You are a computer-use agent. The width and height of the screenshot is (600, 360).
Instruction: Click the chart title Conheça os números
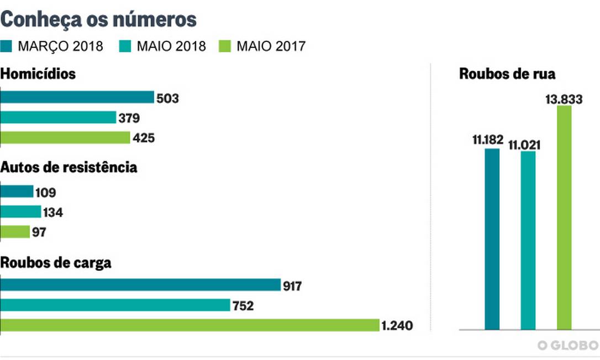coord(99,19)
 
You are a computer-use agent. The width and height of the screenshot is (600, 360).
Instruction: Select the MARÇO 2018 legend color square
coord(7,46)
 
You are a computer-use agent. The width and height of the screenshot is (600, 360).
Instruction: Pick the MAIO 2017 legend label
coord(271,46)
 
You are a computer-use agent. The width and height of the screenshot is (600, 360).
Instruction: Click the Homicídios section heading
coord(38,75)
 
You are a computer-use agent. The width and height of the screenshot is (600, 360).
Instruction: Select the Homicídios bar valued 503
coord(77,98)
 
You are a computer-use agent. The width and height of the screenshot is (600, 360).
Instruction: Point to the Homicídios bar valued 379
coord(58,118)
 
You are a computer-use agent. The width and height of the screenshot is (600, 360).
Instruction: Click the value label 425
coord(144,138)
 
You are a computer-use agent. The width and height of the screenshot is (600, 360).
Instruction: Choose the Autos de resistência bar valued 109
coord(17,192)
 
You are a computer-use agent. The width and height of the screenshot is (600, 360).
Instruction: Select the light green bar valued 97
coord(15,232)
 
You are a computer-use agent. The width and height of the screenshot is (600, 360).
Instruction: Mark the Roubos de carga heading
coord(56,263)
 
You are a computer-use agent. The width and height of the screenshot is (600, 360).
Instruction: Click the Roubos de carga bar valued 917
coord(140,285)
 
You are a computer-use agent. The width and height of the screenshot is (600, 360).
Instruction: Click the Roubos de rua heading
coord(507,75)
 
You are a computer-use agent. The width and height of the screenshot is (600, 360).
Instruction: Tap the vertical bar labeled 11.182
coord(492,239)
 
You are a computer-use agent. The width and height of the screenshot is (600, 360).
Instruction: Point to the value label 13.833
coord(564,99)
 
